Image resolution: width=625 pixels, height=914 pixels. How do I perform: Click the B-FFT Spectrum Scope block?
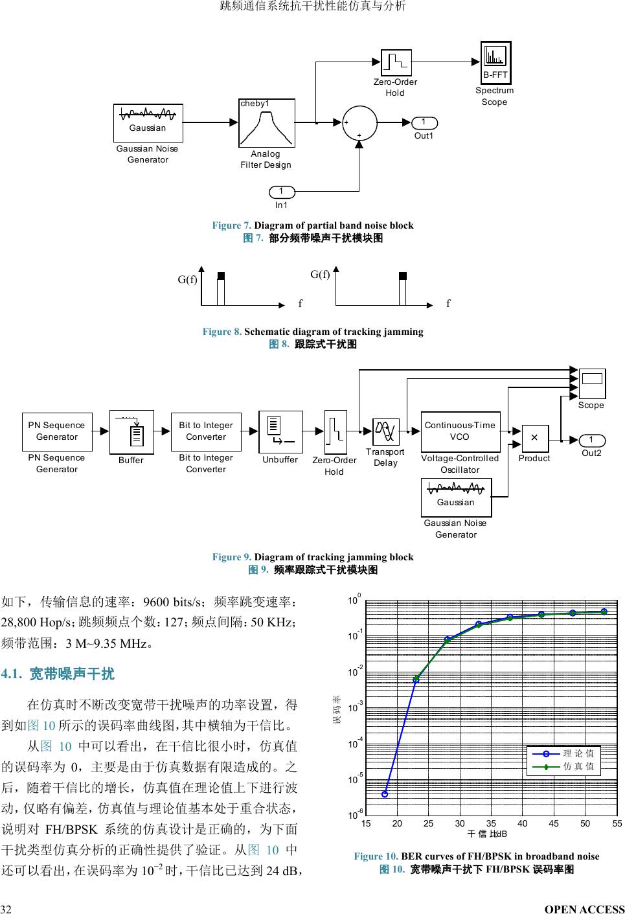pyautogui.click(x=495, y=63)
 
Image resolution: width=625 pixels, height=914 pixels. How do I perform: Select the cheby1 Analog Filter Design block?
pyautogui.click(x=267, y=123)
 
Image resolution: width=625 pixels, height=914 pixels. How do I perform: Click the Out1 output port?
pyautogui.click(x=424, y=122)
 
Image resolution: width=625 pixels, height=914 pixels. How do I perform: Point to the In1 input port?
pyautogui.click(x=281, y=192)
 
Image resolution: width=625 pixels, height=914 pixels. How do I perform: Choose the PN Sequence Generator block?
pyautogui.click(x=57, y=431)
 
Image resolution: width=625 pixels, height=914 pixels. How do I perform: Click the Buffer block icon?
pyautogui.click(x=131, y=431)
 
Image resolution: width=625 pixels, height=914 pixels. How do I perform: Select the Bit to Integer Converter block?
pyautogui.click(x=206, y=431)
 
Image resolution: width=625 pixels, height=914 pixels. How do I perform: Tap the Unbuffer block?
pyautogui.click(x=280, y=432)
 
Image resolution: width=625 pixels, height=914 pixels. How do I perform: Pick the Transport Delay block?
pyautogui.click(x=386, y=431)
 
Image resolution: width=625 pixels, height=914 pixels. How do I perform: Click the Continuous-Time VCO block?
pyautogui.click(x=460, y=431)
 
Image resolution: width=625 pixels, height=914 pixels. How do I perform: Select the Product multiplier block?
pyautogui.click(x=534, y=439)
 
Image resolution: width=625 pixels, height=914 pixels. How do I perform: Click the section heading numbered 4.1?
pyautogui.click(x=58, y=674)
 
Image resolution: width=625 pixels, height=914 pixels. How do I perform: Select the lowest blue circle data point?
pyautogui.click(x=385, y=794)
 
